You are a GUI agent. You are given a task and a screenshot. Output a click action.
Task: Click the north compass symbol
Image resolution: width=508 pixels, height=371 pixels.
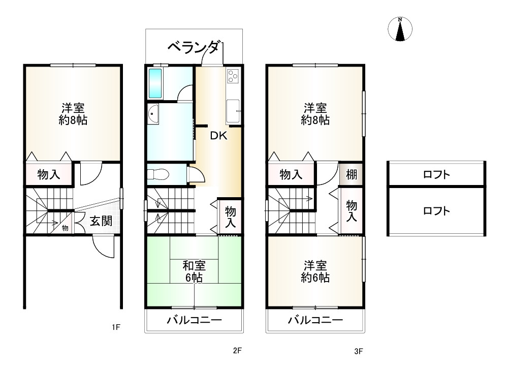[400, 29]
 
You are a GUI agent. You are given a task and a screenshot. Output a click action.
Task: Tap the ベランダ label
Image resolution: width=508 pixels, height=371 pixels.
[195, 48]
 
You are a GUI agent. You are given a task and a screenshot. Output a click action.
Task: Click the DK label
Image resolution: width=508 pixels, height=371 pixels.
[218, 136]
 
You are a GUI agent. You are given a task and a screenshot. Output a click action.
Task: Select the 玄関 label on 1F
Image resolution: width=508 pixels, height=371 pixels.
[101, 221]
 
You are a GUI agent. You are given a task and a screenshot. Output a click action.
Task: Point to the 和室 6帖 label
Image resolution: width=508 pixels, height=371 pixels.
[195, 271]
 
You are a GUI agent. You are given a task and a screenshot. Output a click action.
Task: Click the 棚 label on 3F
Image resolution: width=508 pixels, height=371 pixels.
[352, 175]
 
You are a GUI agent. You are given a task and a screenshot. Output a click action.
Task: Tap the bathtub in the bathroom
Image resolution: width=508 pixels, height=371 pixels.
[155, 83]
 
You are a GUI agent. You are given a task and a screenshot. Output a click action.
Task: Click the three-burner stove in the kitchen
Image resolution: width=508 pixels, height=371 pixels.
[233, 76]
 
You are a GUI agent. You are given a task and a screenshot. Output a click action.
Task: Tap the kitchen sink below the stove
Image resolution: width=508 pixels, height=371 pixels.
[233, 110]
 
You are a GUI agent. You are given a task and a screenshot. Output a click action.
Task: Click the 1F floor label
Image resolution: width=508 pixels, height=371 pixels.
[116, 327]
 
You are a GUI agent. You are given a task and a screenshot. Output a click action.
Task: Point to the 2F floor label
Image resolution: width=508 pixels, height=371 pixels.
[237, 351]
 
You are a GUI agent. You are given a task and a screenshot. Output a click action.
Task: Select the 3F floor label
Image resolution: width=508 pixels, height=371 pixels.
[359, 351]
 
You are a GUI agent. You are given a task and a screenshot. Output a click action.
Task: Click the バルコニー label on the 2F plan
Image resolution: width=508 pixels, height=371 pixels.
[195, 320]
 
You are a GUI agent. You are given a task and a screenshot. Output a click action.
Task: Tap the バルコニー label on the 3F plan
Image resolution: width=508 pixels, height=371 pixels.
[315, 320]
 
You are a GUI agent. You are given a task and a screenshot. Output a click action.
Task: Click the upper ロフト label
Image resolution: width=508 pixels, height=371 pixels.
[436, 175]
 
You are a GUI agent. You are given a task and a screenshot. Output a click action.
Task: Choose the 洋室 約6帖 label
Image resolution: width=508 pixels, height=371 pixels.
[315, 271]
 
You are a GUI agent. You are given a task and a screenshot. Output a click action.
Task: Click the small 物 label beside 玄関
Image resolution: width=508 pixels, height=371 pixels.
[65, 228]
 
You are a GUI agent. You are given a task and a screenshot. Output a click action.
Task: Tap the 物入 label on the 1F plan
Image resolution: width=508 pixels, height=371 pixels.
[49, 175]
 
